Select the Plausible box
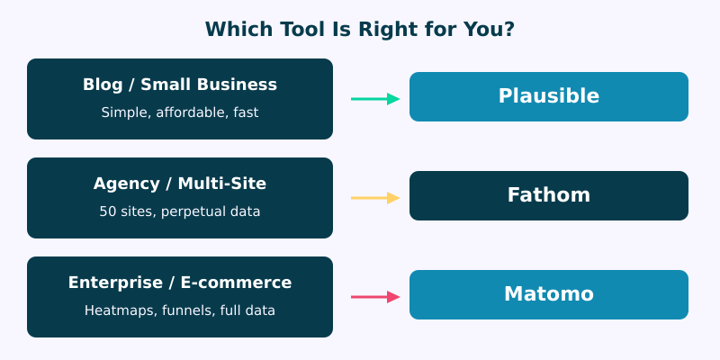[549, 96]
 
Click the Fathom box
[549, 195]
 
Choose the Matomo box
[549, 294]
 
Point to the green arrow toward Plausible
[374, 99]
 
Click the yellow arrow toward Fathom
[374, 198]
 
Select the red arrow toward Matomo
[374, 297]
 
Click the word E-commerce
[236, 283]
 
